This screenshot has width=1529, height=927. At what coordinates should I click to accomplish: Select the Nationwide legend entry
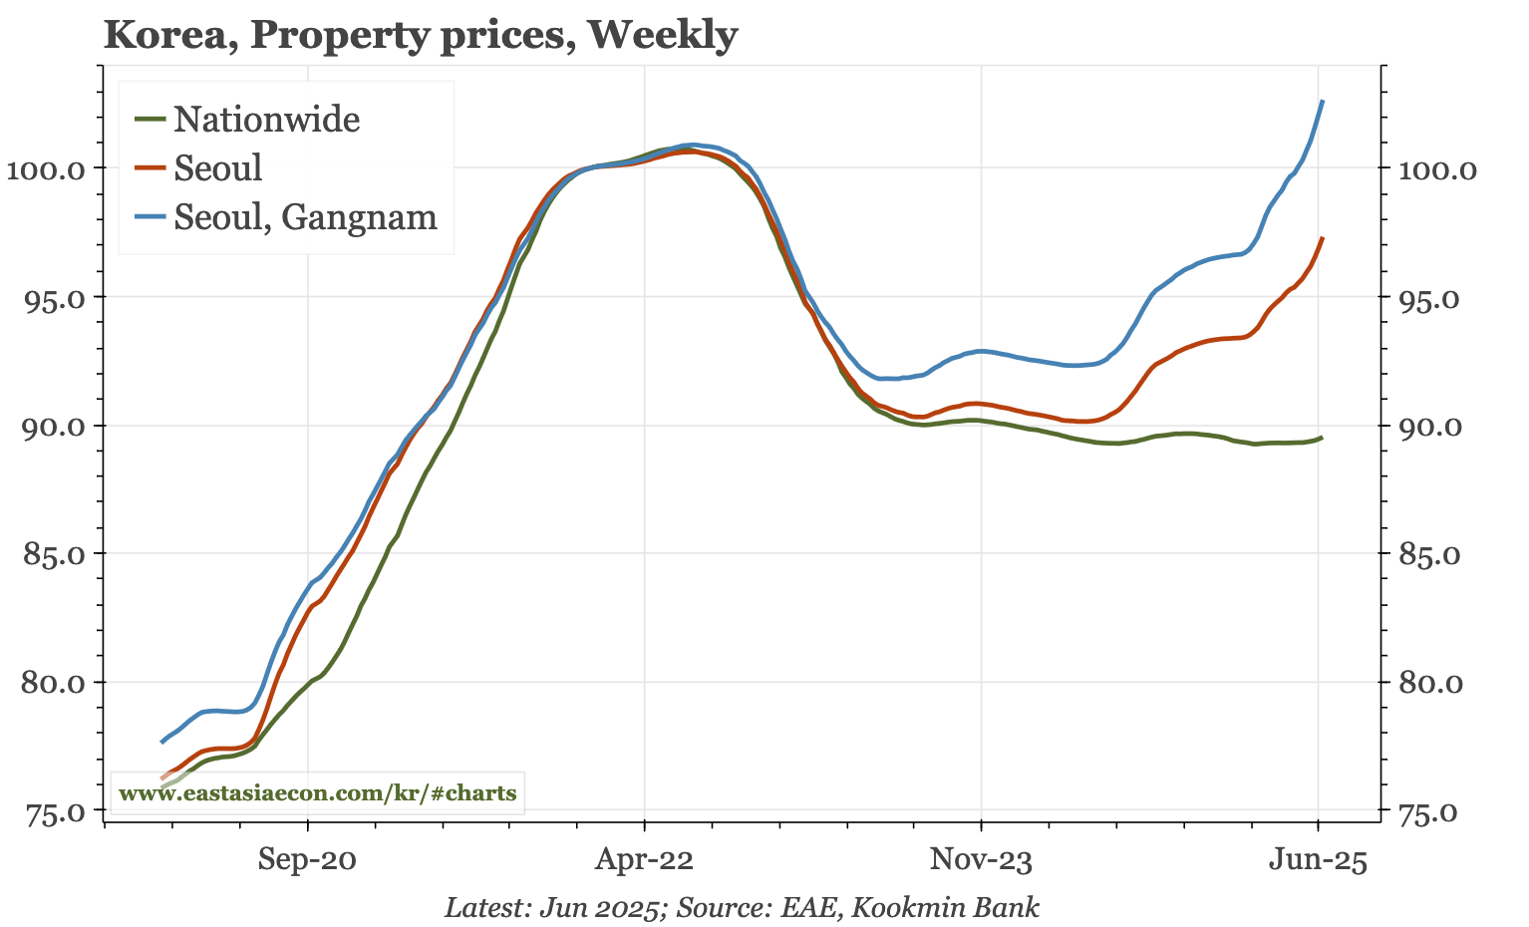tap(266, 120)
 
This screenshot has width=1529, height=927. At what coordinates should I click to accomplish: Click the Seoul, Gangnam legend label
tap(305, 216)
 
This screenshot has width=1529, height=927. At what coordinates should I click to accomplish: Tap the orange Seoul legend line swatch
tap(151, 167)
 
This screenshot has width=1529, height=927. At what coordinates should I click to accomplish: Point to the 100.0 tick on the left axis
tap(47, 168)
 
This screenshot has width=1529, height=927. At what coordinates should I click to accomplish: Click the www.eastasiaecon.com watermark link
tap(317, 793)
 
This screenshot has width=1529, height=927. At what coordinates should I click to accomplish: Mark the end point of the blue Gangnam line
tap(1323, 101)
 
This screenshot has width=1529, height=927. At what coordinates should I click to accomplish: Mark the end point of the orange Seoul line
tap(1323, 238)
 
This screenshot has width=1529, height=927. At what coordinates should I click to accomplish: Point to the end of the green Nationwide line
tap(1323, 437)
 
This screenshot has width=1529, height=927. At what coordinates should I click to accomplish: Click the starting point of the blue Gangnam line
tap(161, 742)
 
